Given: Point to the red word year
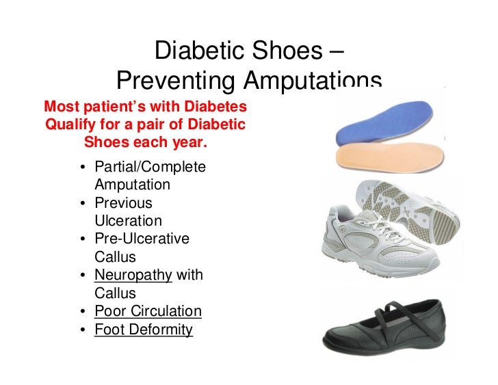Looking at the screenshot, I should (x=189, y=144).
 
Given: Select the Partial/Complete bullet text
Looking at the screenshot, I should (x=150, y=167).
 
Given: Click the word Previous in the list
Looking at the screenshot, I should (x=123, y=203).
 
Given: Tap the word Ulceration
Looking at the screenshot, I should (x=129, y=221).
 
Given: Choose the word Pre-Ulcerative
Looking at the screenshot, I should (x=142, y=239).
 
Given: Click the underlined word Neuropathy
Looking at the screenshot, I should (x=133, y=276).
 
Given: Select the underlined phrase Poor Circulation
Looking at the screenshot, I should (x=148, y=312).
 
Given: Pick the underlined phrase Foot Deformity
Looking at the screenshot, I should (x=144, y=330).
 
